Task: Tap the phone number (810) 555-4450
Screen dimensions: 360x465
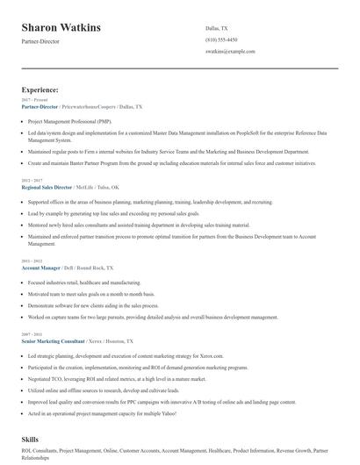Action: click(x=221, y=40)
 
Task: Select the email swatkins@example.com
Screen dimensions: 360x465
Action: click(x=229, y=53)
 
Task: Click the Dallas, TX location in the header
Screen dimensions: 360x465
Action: click(x=216, y=28)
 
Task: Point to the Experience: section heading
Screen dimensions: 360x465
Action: click(x=40, y=89)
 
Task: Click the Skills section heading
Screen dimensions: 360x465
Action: click(x=32, y=437)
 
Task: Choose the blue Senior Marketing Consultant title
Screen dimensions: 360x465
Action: click(x=53, y=340)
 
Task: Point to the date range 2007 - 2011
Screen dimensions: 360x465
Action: click(x=32, y=334)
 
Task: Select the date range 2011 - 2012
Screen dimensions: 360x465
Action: click(x=32, y=261)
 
